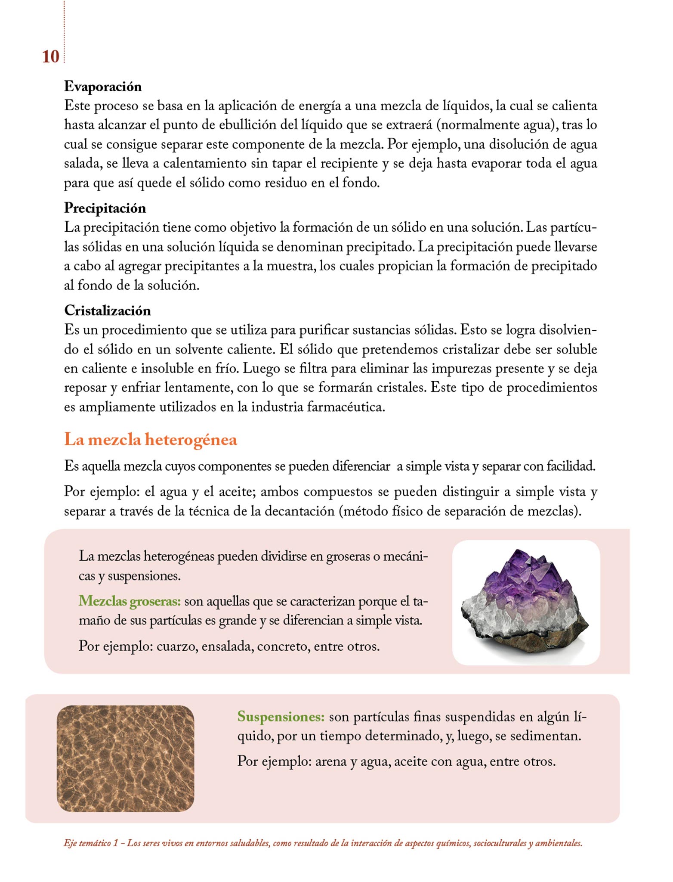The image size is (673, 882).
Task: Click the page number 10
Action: tap(50, 57)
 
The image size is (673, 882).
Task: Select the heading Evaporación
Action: tap(103, 87)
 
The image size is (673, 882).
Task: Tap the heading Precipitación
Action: tap(105, 208)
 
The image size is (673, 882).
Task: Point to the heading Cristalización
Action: tap(108, 311)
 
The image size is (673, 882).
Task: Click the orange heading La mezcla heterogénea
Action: tap(151, 440)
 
